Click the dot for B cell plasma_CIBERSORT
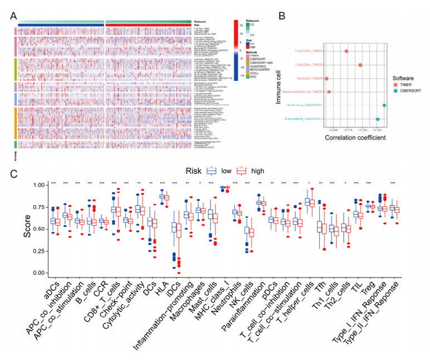tap(378, 119)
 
